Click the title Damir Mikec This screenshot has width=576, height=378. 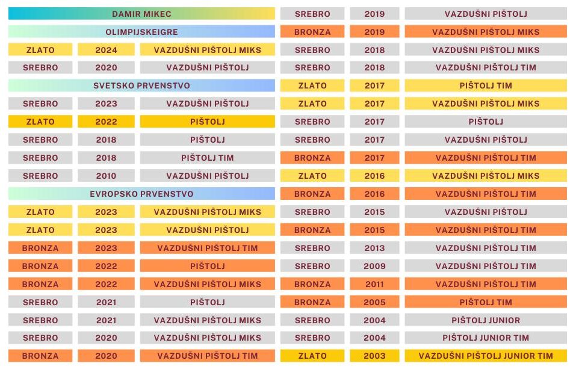coord(141,14)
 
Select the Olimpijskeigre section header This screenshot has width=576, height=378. coord(141,31)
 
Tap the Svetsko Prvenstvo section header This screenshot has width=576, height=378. coord(141,85)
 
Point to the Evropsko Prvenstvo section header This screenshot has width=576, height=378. coord(141,194)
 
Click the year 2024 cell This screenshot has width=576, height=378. coord(106,49)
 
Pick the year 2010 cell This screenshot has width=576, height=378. coord(106,176)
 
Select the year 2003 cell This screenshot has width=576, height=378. coord(374,356)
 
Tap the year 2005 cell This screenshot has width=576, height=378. coord(374,302)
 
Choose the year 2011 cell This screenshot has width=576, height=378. coord(374,284)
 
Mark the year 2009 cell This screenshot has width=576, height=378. coord(374,266)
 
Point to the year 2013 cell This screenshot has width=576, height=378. coord(374,248)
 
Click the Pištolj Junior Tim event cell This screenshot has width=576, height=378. coord(486,338)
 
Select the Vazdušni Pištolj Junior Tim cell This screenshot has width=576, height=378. coord(486,356)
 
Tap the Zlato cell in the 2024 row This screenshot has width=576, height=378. coord(40,49)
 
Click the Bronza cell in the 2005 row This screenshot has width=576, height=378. coord(312,302)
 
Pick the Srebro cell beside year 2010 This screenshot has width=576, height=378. coord(40,176)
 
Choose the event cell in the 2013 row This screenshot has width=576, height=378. coord(486,248)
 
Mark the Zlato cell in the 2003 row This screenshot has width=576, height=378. coord(312,356)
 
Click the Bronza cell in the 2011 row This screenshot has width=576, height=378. coord(312,284)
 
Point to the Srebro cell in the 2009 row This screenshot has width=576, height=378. coord(312,266)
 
